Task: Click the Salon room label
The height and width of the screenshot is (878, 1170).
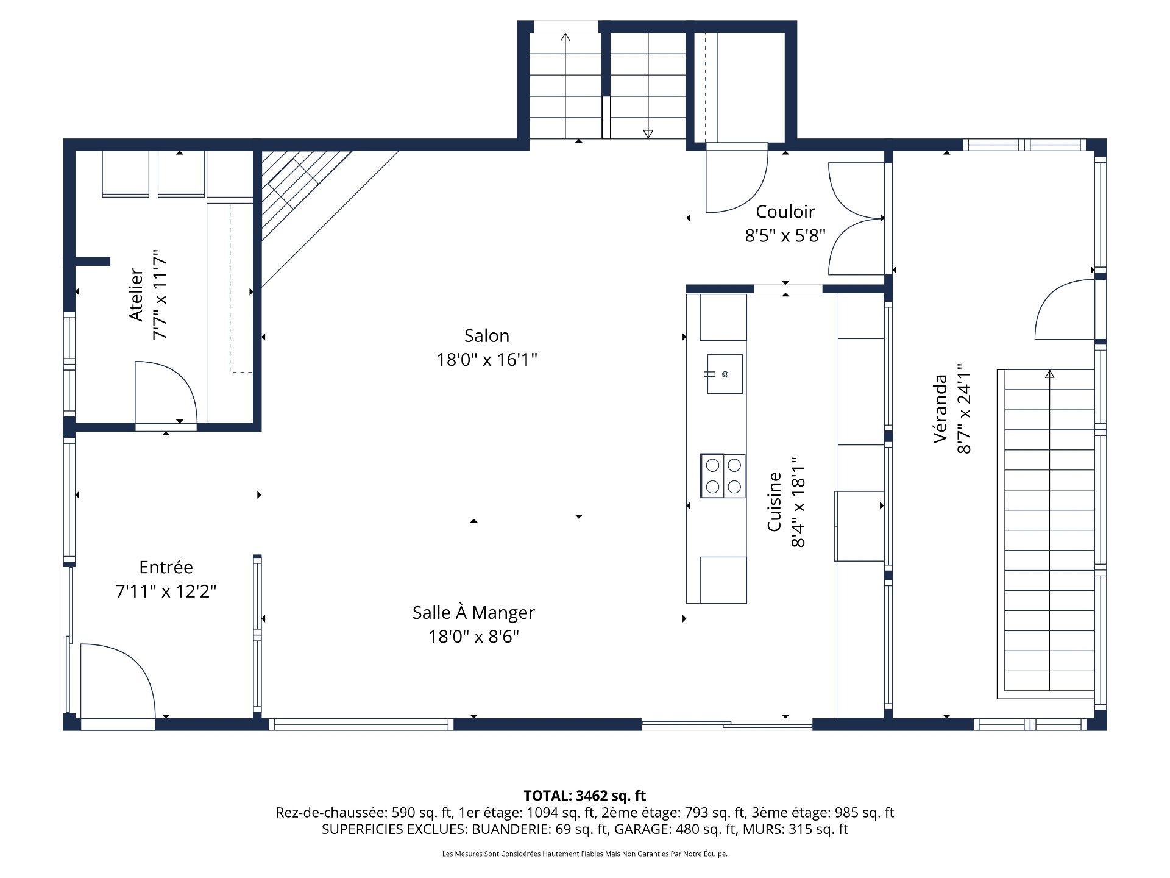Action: click(486, 336)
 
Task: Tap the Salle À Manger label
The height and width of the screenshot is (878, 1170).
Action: click(473, 613)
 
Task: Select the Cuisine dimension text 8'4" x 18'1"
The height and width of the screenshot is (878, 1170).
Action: click(798, 503)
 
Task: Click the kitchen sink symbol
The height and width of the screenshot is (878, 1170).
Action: click(725, 374)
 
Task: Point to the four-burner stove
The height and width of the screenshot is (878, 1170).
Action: click(723, 476)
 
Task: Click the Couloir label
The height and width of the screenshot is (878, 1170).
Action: click(785, 212)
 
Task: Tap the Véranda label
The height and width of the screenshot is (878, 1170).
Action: click(941, 409)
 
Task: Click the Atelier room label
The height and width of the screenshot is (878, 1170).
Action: click(136, 294)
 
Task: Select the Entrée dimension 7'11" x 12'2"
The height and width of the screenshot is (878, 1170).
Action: click(166, 591)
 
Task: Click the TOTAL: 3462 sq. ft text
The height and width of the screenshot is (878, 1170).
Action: click(584, 796)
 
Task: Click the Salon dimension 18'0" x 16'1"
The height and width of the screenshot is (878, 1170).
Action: click(486, 360)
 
